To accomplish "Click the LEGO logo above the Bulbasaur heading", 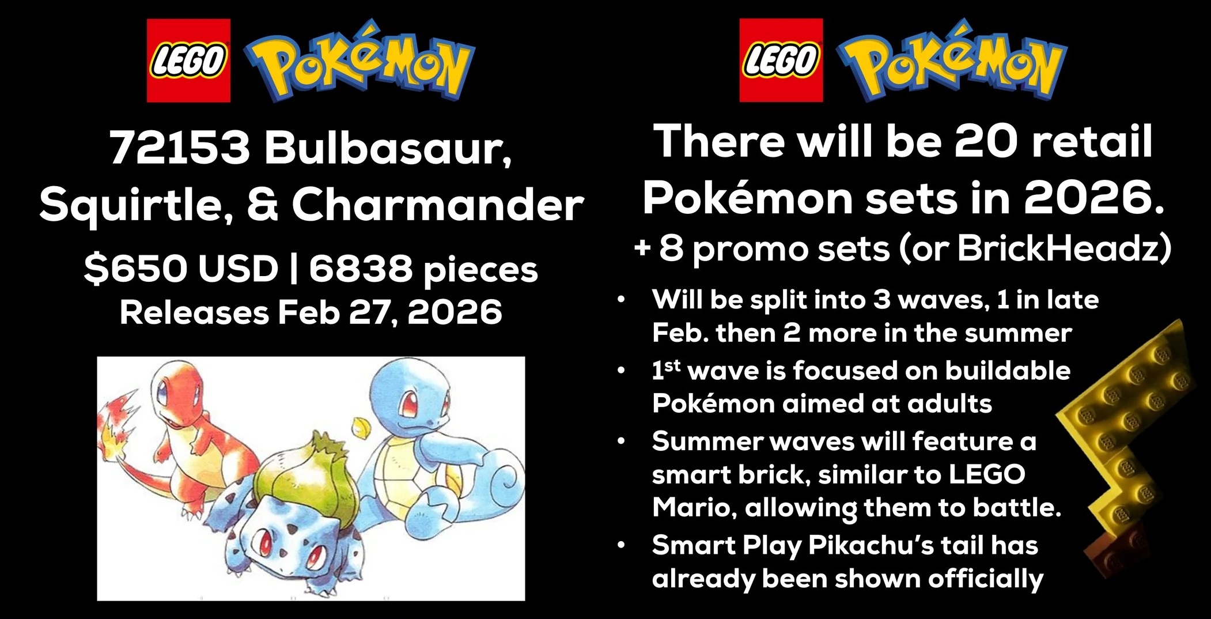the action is pyautogui.click(x=188, y=61).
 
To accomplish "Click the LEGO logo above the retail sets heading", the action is pyautogui.click(x=781, y=61).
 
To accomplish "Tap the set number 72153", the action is pyautogui.click(x=180, y=147).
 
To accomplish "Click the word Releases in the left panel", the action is pyautogui.click(x=194, y=312).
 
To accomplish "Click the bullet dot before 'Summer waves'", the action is pyautogui.click(x=620, y=442).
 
